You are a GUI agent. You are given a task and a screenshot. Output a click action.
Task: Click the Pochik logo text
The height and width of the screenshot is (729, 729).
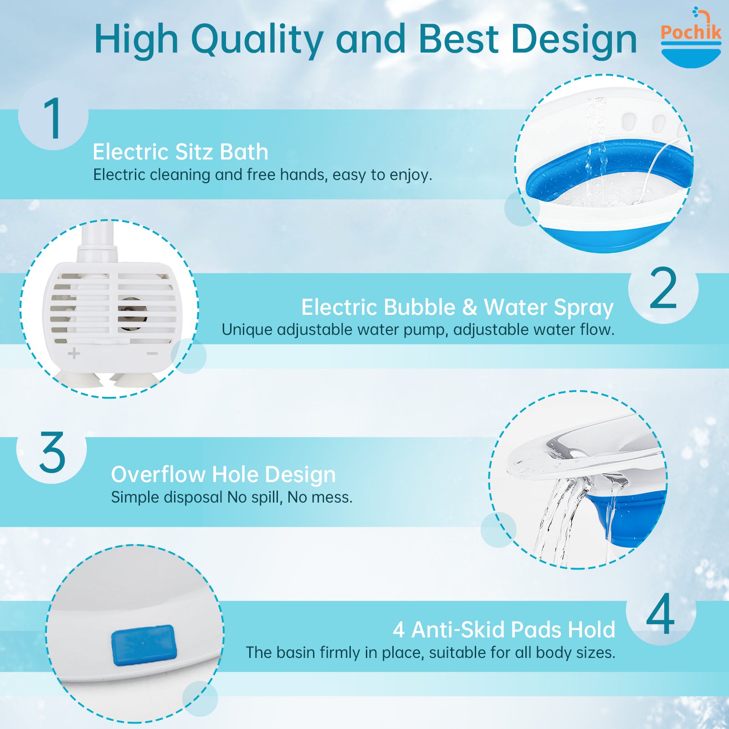(x=691, y=32)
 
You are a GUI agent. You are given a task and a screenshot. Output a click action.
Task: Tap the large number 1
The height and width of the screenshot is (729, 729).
(x=53, y=118)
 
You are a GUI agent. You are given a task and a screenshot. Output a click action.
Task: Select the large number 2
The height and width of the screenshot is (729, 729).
(x=663, y=288)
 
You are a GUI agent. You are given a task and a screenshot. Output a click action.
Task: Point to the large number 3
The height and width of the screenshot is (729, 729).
(x=52, y=452)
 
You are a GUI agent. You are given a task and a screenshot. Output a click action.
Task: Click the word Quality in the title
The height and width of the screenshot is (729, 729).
(x=257, y=40)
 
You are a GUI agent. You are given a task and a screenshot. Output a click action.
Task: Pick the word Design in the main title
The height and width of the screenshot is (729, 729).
(x=574, y=40)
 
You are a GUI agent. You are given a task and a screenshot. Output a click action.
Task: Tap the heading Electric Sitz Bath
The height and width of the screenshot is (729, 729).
(x=180, y=152)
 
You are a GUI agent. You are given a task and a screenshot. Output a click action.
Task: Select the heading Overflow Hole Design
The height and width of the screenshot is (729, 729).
(x=223, y=474)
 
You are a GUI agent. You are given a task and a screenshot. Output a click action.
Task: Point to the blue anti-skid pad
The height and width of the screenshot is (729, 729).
(x=144, y=645)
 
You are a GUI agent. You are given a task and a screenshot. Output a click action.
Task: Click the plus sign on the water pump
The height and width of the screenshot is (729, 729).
(x=74, y=353)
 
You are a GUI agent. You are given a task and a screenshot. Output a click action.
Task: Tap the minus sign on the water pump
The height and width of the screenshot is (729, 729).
(x=153, y=354)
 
